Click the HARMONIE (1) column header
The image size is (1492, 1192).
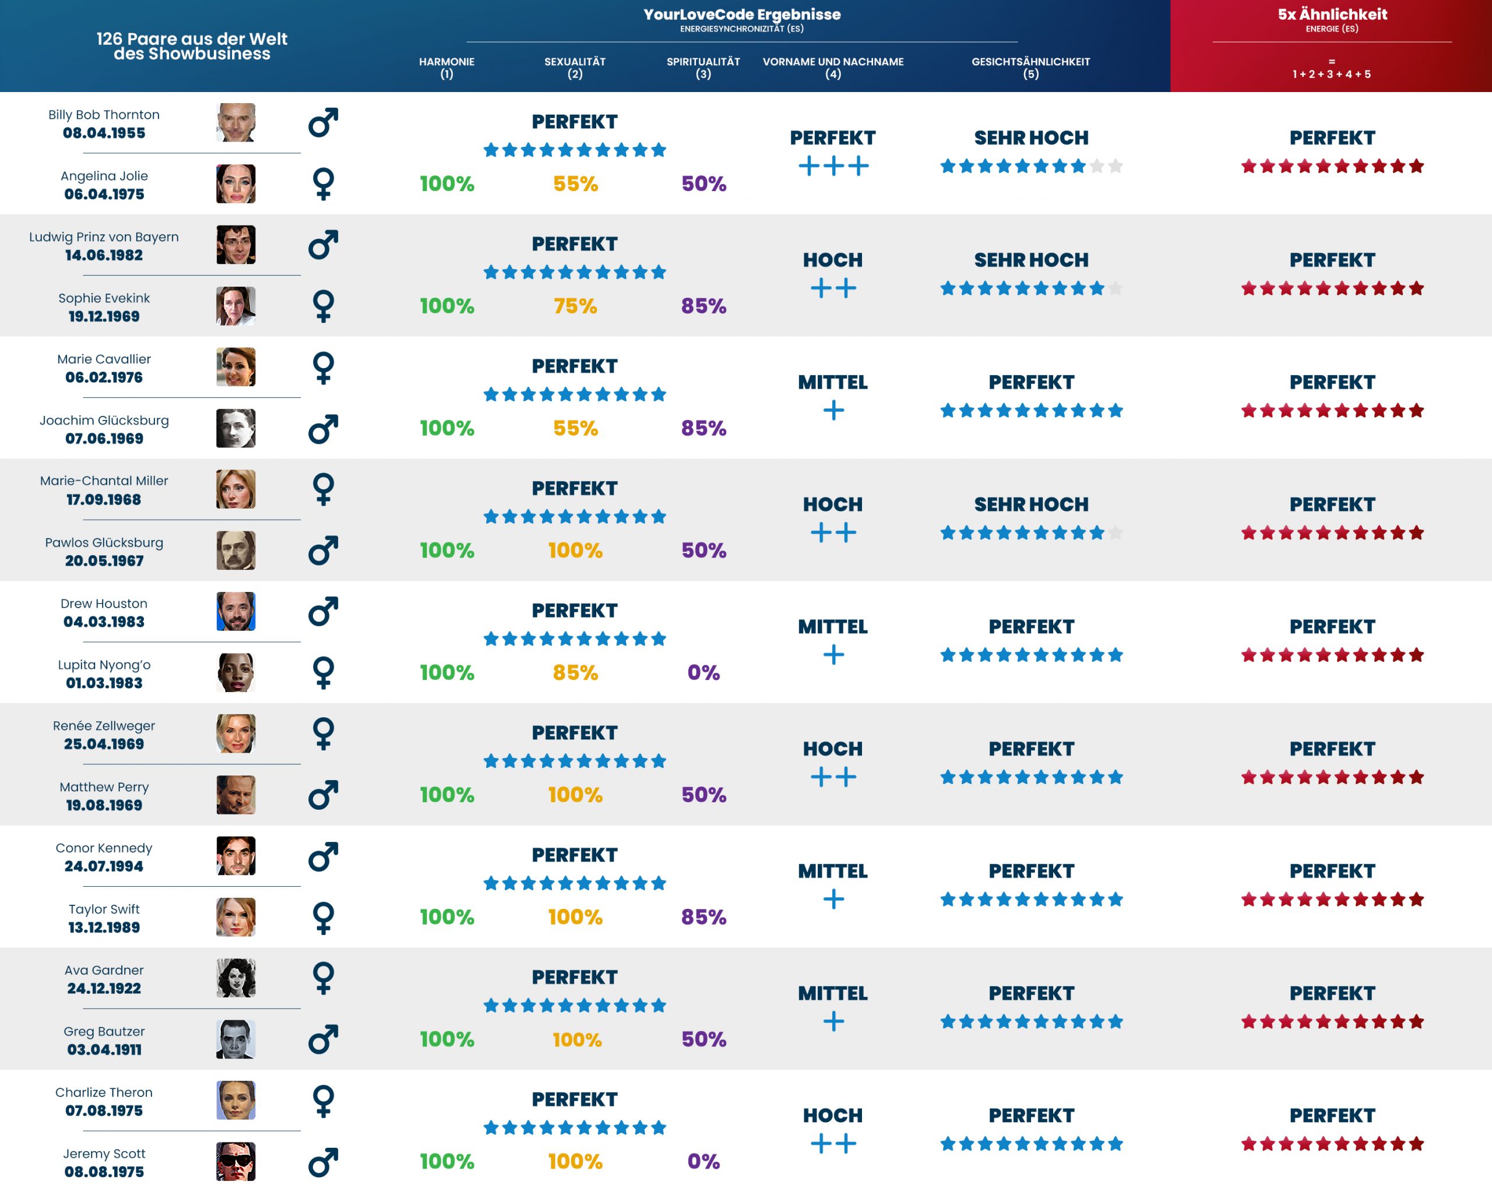446,67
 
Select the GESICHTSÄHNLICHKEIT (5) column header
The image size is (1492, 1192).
1030,67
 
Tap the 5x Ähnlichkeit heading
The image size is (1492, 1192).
1332,14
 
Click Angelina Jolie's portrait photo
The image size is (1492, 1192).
235,184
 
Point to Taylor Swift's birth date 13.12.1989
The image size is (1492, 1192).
104,927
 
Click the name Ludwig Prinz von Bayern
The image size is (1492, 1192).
104,237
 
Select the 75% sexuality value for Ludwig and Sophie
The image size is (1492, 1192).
575,306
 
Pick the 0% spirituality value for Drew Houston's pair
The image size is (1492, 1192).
703,672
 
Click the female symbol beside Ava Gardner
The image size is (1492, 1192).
323,978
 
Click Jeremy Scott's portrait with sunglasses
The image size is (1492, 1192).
235,1161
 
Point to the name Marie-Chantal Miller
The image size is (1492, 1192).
104,481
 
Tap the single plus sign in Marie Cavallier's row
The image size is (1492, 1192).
833,410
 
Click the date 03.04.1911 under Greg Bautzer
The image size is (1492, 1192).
104,1049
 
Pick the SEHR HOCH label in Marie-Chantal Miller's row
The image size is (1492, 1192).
1030,505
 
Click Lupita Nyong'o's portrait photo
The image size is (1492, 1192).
235,672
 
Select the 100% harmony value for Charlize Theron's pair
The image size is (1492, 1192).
446,1161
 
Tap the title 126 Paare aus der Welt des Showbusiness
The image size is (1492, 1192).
192,47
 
